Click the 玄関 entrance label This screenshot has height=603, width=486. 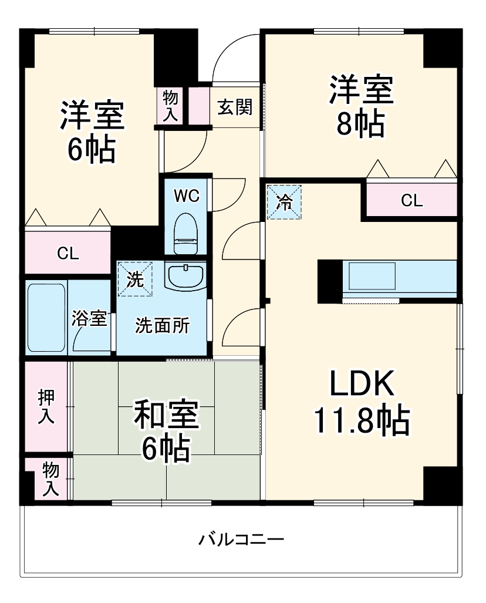pos(235,107)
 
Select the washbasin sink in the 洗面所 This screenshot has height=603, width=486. pos(185,275)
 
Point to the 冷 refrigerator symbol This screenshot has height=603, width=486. pos(284,202)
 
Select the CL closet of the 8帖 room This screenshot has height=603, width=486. pos(411,201)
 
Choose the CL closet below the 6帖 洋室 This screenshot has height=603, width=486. pos(67,253)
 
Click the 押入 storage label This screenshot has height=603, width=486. pos(47,406)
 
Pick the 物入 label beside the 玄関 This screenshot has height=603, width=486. pos(170,106)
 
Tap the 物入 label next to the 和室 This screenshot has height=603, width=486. pos(51,479)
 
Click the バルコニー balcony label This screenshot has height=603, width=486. pos(241,539)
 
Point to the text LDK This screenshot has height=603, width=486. pos(360,385)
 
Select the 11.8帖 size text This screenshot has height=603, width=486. pos(360,419)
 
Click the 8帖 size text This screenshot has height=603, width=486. pos(360,124)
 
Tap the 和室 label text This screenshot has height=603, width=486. pos(166,415)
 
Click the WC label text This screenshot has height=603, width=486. pos(187,196)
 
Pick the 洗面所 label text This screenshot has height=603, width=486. pos(163,326)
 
